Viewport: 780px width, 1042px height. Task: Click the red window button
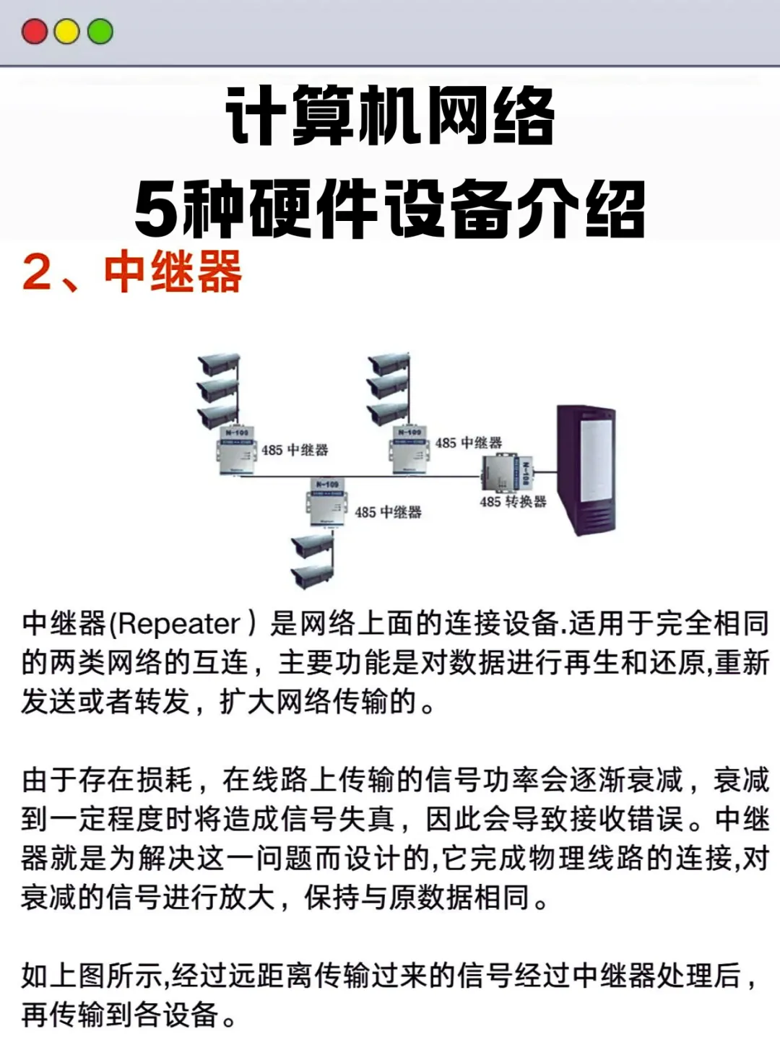tap(35, 32)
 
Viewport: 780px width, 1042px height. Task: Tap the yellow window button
tap(67, 32)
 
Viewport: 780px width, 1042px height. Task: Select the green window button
tap(100, 32)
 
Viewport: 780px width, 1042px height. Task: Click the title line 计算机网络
tap(390, 116)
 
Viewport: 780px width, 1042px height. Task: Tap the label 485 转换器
tap(513, 501)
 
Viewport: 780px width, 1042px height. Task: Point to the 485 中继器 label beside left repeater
tap(295, 450)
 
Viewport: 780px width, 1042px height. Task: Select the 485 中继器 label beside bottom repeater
tap(388, 512)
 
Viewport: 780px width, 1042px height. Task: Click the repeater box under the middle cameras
tap(409, 449)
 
